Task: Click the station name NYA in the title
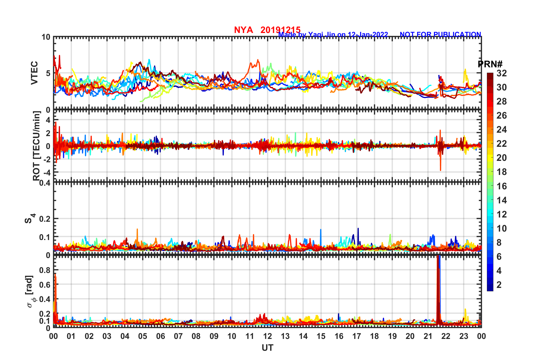243,30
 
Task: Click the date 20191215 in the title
280,30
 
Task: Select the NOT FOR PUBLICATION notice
440,34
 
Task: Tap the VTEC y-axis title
34,73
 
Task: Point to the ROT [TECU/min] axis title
37,146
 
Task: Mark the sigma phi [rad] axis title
30,292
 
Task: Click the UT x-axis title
267,348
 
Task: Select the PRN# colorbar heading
490,64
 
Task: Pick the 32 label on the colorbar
502,74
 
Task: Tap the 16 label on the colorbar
502,186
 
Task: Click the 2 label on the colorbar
499,285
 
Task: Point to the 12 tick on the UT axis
267,336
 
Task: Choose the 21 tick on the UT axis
428,336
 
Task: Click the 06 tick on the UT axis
160,336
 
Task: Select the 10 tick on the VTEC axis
46,37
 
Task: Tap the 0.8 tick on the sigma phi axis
45,270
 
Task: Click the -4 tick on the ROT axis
47,172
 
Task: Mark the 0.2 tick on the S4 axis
45,219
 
